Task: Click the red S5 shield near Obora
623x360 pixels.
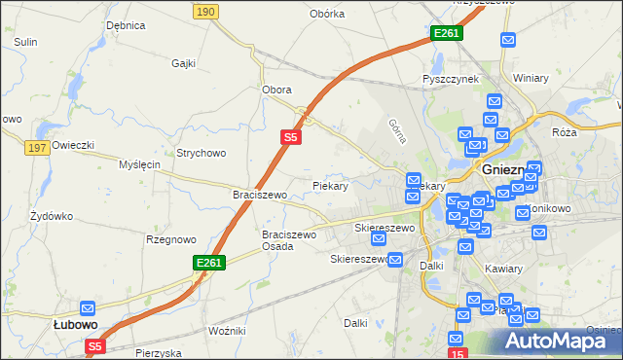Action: tap(290, 138)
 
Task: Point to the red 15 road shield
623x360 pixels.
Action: tap(458, 353)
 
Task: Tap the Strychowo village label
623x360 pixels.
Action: tap(201, 153)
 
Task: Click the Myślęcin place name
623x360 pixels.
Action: tap(139, 165)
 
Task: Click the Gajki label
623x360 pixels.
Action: tap(183, 63)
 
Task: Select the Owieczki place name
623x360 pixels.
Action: tap(73, 145)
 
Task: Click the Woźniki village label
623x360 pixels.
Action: tap(227, 332)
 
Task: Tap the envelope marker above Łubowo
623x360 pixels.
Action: tap(88, 306)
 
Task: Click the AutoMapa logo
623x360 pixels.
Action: tap(549, 341)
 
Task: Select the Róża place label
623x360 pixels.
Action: tap(564, 131)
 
